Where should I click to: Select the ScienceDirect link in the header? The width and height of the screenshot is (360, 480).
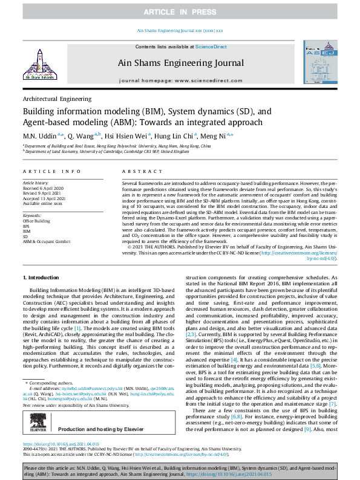click(x=211, y=47)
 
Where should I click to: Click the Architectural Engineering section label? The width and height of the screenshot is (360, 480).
click(x=57, y=98)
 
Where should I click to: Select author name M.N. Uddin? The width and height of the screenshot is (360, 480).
click(x=39, y=137)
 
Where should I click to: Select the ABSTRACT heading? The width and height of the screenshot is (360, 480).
click(x=136, y=172)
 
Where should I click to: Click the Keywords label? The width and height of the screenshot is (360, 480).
click(x=31, y=215)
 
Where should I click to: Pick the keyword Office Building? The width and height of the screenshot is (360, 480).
click(x=36, y=221)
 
